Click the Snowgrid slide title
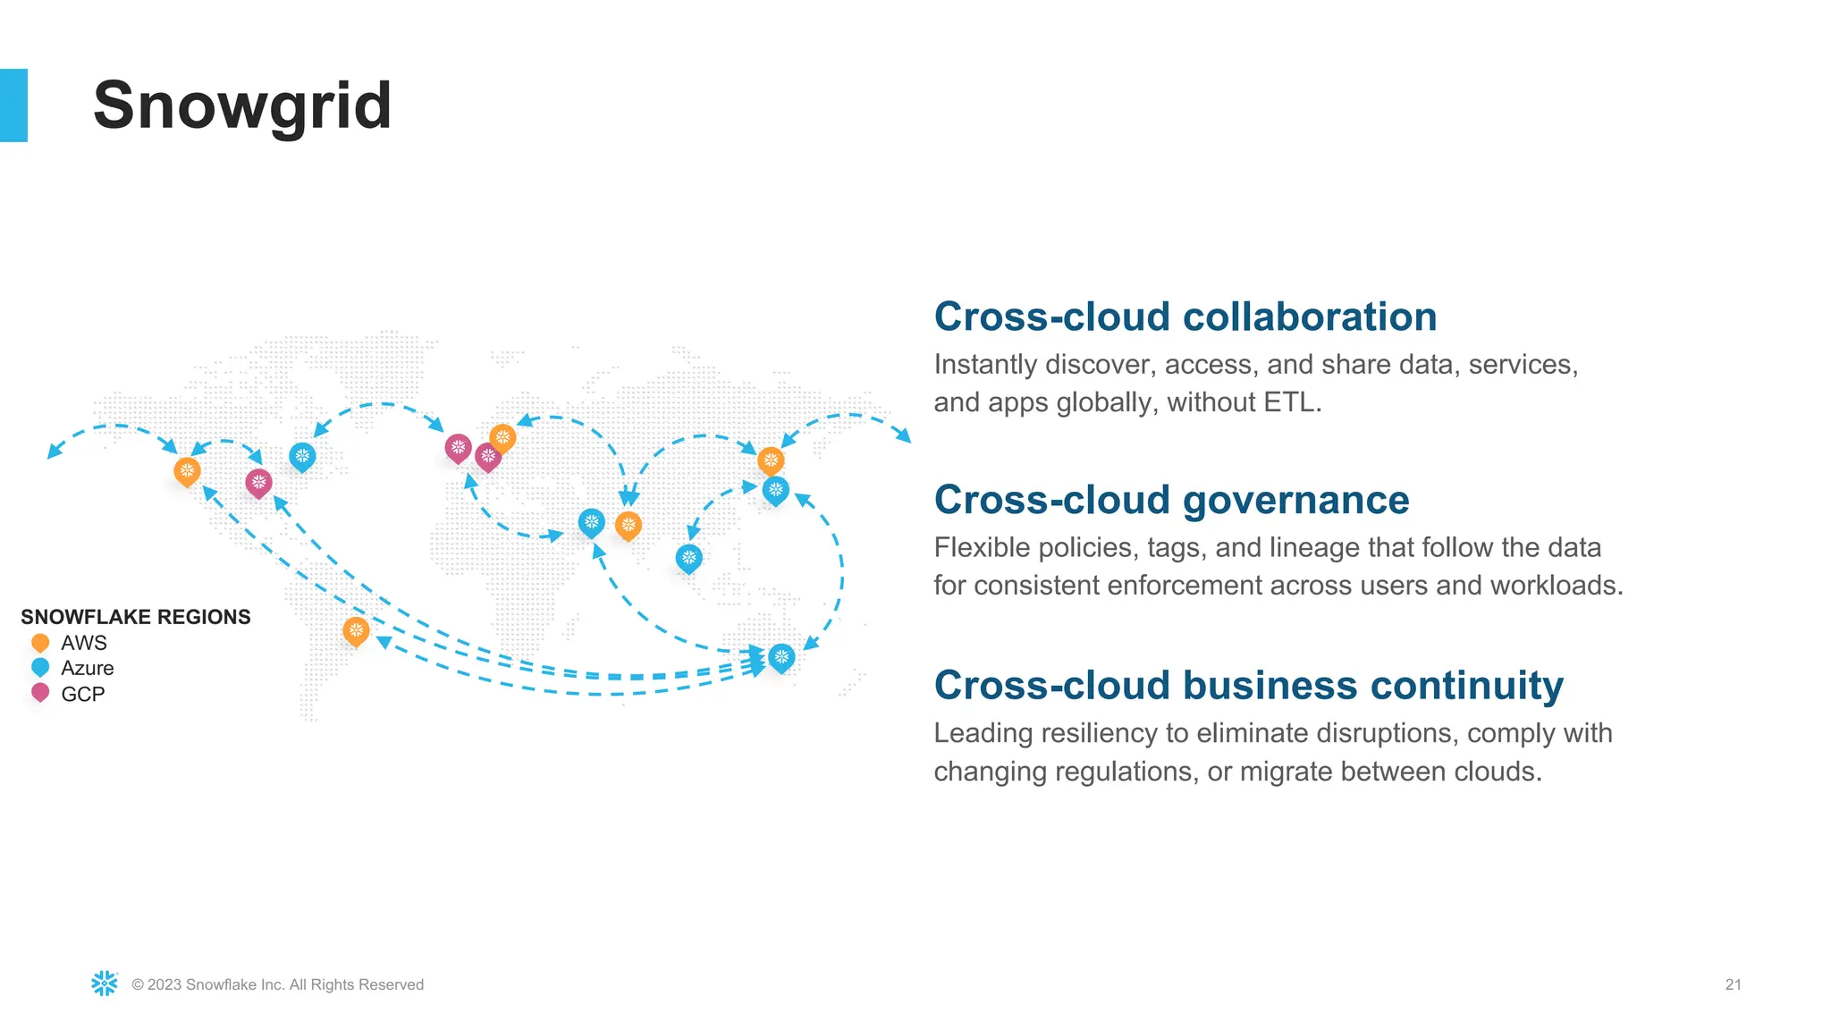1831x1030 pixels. pos(242,106)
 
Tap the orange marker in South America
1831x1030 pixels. pos(356,631)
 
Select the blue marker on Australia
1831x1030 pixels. pos(781,658)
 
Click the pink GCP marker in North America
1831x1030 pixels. pos(258,484)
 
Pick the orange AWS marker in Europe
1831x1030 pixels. pos(502,438)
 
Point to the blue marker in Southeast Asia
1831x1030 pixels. pos(688,559)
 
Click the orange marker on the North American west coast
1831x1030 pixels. pos(187,471)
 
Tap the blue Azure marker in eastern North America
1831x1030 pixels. pos(302,457)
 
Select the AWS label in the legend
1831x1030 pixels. pos(84,643)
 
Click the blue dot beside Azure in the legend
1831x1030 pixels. pos(40,668)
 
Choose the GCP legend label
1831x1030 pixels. pos(83,694)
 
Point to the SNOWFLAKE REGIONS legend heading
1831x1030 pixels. pos(136,617)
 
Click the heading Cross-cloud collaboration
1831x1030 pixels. pos(1185,317)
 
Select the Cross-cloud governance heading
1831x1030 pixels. pos(1171,500)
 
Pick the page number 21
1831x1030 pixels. pos(1733,984)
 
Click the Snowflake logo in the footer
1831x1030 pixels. pos(105,984)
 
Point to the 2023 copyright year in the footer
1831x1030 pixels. pos(165,984)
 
